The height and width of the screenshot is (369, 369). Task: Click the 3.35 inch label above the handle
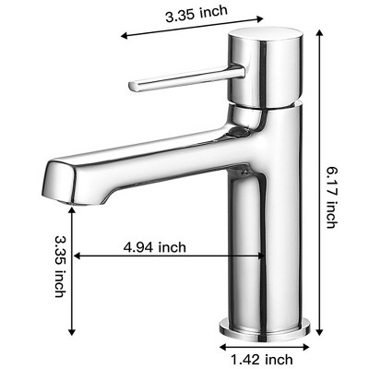click(x=197, y=14)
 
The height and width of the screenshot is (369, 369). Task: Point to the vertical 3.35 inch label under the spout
click(x=60, y=265)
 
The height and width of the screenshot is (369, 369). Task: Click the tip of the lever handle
click(x=135, y=85)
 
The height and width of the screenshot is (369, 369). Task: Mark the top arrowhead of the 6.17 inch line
click(x=318, y=33)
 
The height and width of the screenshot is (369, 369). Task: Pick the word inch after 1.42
click(x=278, y=359)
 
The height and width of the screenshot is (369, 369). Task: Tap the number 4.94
click(x=140, y=246)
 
